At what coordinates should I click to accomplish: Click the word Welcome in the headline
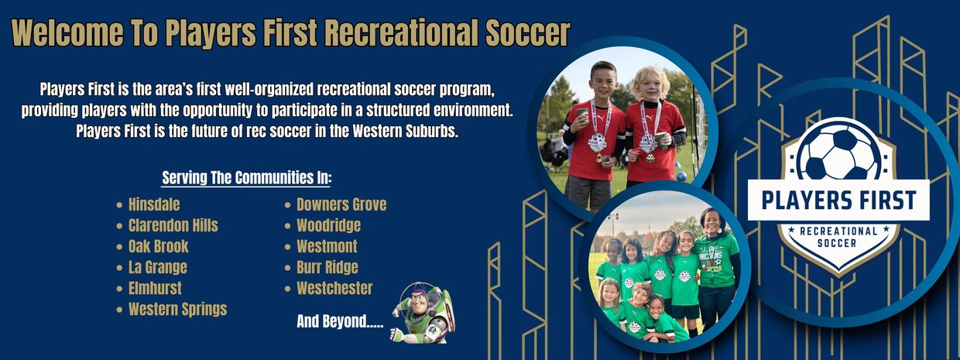(x=67, y=33)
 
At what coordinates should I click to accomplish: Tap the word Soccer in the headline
(x=527, y=33)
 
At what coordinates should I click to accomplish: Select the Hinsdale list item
(x=154, y=204)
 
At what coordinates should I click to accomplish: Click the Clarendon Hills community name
(x=173, y=225)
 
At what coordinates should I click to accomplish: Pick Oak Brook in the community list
(x=159, y=246)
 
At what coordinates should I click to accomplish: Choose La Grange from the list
(x=158, y=267)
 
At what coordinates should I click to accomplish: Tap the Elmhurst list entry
(x=155, y=289)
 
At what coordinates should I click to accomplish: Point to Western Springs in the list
(x=178, y=310)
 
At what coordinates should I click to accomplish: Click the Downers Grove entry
(x=341, y=204)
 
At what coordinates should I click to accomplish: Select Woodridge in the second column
(x=329, y=225)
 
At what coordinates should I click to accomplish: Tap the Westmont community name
(x=327, y=246)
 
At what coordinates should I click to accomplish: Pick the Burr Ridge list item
(x=327, y=267)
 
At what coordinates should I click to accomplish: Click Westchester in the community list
(x=334, y=289)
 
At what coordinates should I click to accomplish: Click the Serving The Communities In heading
(x=246, y=178)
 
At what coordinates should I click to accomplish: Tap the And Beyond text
(x=340, y=321)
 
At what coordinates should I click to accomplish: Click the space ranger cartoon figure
(x=423, y=313)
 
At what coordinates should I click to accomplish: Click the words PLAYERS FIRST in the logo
(x=838, y=201)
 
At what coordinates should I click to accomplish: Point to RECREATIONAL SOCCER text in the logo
(x=838, y=237)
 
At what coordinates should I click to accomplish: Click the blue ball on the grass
(x=681, y=176)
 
